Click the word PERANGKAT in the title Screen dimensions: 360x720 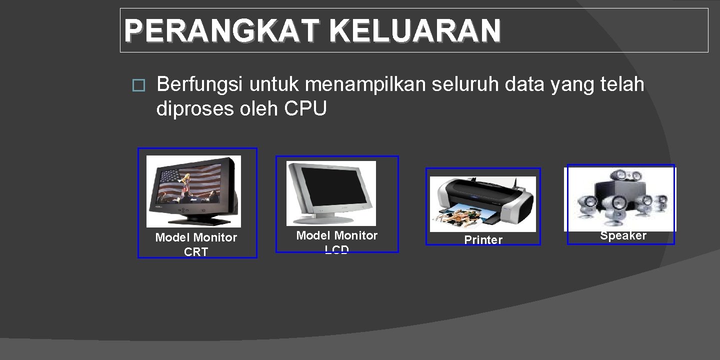(220, 31)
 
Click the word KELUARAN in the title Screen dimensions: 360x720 (414, 31)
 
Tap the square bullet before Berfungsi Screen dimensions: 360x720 (137, 86)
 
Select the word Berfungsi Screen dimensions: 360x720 (199, 85)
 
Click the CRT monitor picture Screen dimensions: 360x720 (193, 191)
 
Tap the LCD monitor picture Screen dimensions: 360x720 (330, 193)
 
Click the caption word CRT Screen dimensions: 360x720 (195, 252)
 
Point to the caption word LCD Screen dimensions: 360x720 (336, 249)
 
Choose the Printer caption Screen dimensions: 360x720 (483, 240)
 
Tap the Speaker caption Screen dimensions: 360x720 (623, 236)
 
